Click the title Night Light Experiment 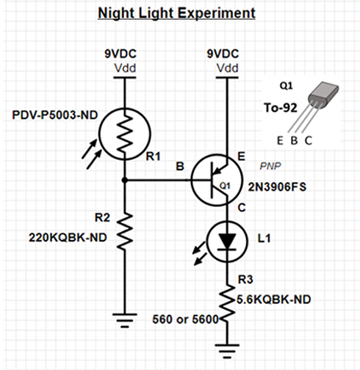(x=177, y=13)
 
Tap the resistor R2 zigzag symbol (x=124, y=229)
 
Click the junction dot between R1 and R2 (x=124, y=179)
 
